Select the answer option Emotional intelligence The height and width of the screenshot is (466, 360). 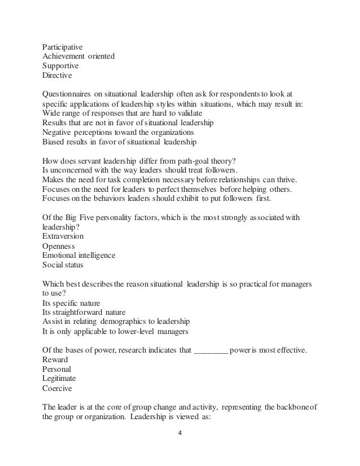pyautogui.click(x=80, y=256)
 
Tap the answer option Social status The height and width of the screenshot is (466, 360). pyautogui.click(x=61, y=265)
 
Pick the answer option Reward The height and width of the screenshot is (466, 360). pyautogui.click(x=55, y=359)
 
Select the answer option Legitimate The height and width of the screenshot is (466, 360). pyautogui.click(x=59, y=378)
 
